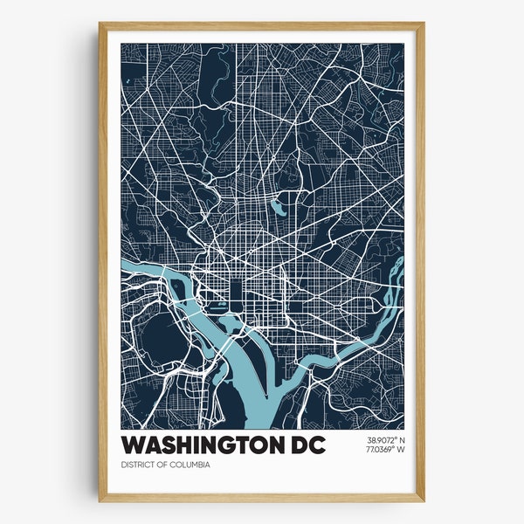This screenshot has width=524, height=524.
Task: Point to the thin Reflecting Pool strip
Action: (217, 306)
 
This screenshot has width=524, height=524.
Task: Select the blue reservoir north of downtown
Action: (276, 208)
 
